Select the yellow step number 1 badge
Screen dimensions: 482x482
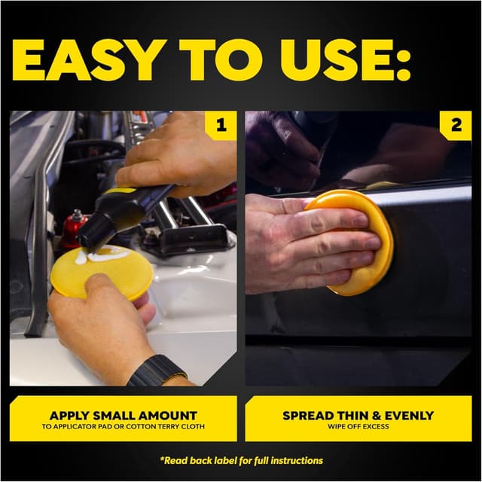221,126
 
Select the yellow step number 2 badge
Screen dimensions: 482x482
456,126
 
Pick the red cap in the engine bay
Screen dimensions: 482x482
73,229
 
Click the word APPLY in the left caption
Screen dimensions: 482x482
72,415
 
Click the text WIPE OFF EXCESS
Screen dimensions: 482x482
358,426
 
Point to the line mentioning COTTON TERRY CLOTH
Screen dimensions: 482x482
123,426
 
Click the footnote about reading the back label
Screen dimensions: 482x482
241,459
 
